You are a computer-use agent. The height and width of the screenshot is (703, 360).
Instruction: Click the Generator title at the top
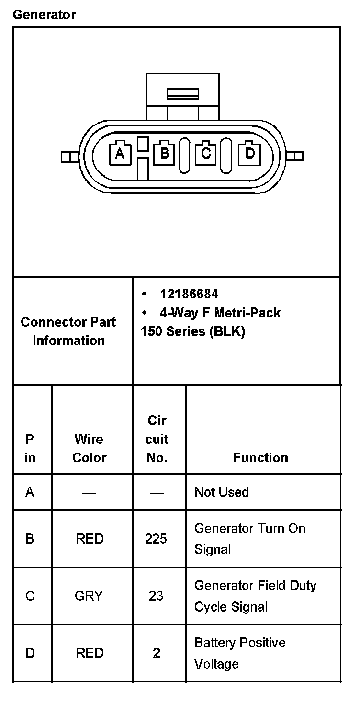(44, 15)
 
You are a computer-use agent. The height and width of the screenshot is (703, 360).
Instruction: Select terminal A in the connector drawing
(120, 153)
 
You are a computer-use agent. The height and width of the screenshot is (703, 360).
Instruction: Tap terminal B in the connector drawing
(164, 153)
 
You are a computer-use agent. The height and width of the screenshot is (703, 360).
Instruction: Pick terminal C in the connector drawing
(206, 153)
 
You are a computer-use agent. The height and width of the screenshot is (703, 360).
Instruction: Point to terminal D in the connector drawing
(249, 153)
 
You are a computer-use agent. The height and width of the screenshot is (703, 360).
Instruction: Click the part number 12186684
(189, 294)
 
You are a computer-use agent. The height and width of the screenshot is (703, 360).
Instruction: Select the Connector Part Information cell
(68, 331)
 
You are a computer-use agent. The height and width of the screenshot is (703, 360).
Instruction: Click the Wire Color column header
(89, 448)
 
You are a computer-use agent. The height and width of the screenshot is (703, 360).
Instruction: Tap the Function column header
(260, 457)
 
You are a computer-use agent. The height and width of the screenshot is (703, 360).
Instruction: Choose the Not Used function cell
(222, 492)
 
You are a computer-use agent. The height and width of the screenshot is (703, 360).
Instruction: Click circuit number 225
(156, 539)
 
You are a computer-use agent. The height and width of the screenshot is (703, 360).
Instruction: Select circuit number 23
(156, 596)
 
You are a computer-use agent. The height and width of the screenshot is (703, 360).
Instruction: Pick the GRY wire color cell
(89, 596)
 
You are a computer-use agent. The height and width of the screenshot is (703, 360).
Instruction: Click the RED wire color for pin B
(90, 539)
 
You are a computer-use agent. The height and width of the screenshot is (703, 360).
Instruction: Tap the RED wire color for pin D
(90, 653)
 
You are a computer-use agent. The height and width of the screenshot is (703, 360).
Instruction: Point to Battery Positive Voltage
(240, 653)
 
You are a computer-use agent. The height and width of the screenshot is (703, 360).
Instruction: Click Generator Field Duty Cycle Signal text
(255, 596)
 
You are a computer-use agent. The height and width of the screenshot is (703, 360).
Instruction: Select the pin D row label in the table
(30, 653)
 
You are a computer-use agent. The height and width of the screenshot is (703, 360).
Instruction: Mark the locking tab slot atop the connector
(182, 93)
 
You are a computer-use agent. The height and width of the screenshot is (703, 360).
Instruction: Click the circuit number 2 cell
(157, 653)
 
